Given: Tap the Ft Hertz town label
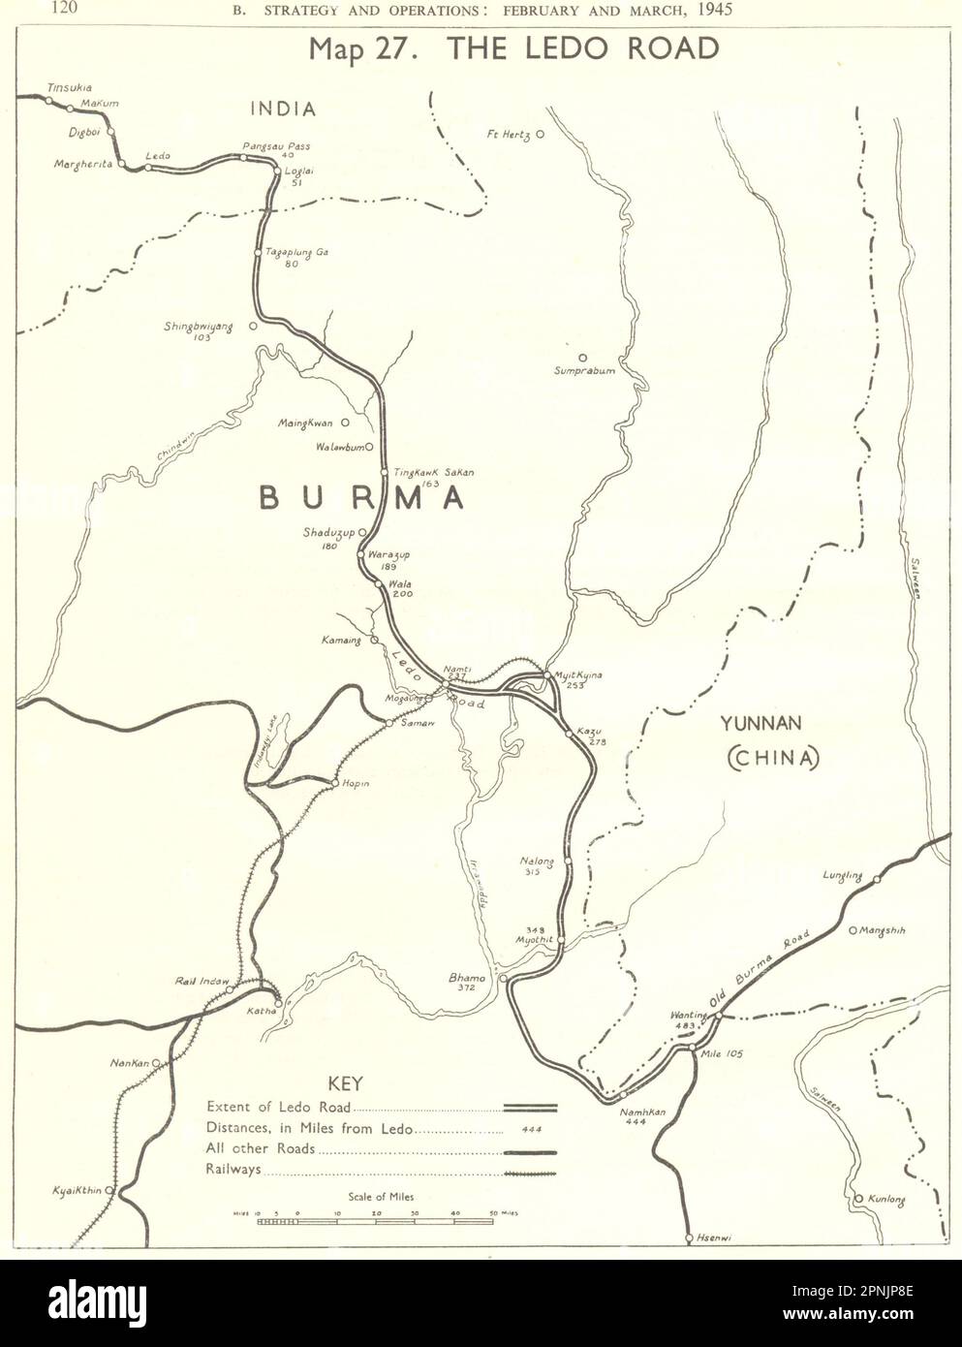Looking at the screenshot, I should pos(509,135).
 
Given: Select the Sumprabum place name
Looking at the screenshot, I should pos(584,370).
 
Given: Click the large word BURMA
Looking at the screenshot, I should pos(360,498).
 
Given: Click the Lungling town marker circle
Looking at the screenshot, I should pos(877,880).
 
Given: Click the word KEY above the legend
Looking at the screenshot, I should pos(348,1084).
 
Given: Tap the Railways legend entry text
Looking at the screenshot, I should pos(233,1171).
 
